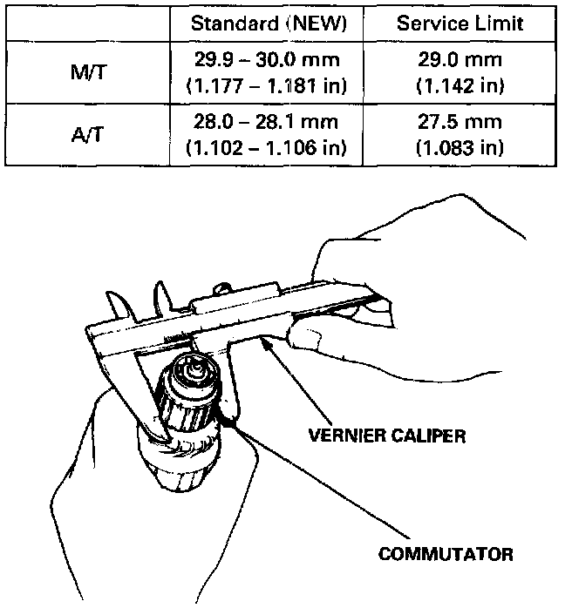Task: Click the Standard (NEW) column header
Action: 270,24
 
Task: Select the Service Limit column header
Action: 460,24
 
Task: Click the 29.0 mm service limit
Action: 460,62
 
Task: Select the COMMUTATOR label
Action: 446,553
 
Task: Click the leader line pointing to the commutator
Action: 314,487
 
